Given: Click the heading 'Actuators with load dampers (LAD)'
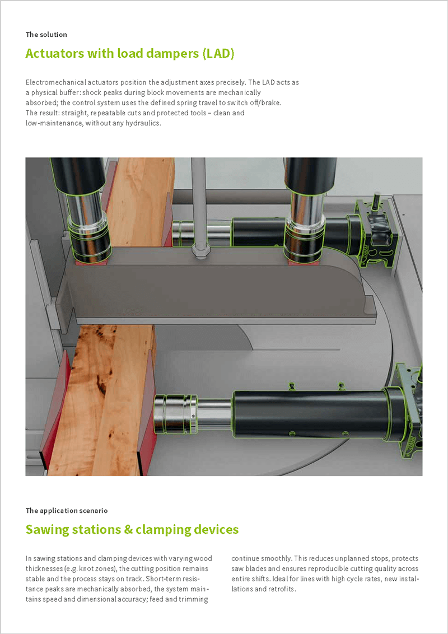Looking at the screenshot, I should point(130,54).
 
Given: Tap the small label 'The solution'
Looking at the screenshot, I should point(46,35).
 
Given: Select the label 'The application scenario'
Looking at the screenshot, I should point(67,511).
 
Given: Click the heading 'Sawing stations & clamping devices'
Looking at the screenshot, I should point(132,529).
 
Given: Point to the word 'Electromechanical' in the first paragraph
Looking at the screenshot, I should point(53,82).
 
